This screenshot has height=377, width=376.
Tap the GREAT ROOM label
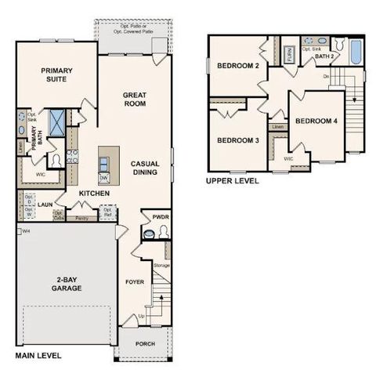135,99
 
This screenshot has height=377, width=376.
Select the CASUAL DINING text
146,167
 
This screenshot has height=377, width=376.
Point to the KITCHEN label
93,193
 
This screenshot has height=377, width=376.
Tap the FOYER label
135,281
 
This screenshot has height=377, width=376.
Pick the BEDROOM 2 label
238,66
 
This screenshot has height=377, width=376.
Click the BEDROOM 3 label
238,140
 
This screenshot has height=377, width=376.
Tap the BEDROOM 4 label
316,121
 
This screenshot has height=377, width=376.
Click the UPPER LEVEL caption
232,180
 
